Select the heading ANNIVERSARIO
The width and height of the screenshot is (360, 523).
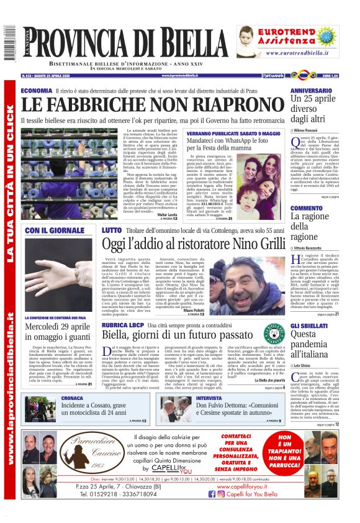pos(315,91)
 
